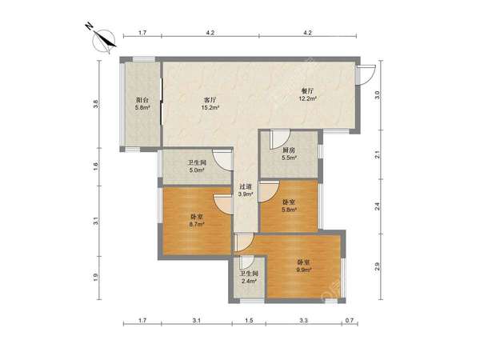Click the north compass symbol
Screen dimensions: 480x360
click(103, 41)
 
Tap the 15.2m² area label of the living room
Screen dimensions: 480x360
click(210, 107)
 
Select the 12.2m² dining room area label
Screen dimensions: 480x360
click(307, 98)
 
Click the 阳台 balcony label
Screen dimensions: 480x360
click(142, 100)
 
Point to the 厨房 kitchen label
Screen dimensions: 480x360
click(289, 150)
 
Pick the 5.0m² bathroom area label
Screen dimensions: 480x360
click(197, 170)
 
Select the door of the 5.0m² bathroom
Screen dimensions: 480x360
click(223, 161)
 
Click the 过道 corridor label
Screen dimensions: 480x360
click(246, 186)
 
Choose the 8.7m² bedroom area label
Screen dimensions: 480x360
click(197, 224)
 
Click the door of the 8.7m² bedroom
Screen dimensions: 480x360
click(223, 204)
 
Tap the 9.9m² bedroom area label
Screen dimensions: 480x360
click(304, 270)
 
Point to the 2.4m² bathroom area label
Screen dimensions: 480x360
click(249, 281)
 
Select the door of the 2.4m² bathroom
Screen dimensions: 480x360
click(247, 262)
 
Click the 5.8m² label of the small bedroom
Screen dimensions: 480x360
click(290, 210)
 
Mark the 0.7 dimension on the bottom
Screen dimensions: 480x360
click(350, 321)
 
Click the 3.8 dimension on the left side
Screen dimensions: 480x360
click(96, 104)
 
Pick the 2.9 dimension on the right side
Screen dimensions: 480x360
click(378, 266)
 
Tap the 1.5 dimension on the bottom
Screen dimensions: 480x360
click(249, 321)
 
